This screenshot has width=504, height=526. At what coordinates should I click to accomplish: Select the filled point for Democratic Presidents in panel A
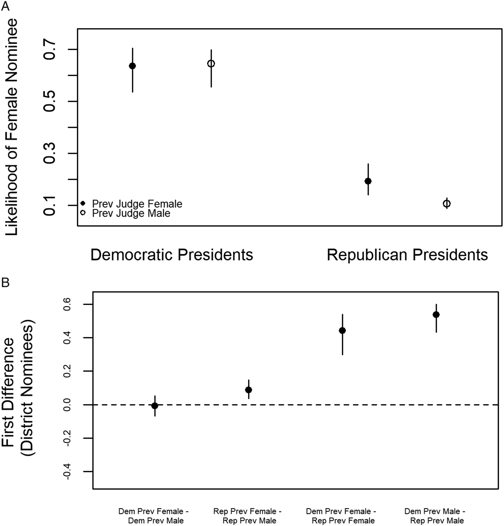132,66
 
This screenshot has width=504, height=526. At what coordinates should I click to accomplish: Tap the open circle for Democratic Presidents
211,64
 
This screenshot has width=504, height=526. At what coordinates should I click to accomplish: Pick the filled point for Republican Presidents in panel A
368,181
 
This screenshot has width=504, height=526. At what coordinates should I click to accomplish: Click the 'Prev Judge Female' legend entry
132,204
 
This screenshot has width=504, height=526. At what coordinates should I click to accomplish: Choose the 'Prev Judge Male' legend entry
126,213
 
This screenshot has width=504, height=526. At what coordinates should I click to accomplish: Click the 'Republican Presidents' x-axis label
407,255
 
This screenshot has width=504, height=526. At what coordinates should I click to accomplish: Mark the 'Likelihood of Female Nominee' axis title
11,127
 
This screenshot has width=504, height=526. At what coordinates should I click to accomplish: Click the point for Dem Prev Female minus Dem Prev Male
155,406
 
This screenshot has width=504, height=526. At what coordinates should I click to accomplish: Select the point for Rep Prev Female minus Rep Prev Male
248,390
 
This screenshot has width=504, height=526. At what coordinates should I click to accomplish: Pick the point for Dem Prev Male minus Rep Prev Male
436,315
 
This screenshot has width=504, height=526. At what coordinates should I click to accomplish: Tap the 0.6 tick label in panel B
67,304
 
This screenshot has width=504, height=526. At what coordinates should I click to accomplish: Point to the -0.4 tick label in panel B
67,472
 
